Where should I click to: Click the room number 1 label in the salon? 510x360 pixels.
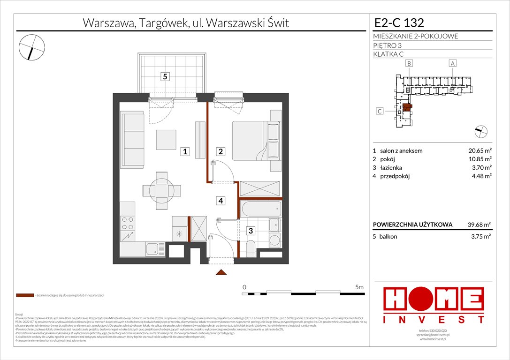coord(186,151)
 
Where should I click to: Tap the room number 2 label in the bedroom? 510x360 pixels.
coord(220,151)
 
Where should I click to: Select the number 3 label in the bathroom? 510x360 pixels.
coord(251,231)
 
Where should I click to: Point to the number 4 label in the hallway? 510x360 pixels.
coord(220,201)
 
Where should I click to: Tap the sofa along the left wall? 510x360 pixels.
coord(132,139)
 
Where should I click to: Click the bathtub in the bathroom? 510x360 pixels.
coord(260,208)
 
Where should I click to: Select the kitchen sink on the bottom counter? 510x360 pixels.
coord(154,249)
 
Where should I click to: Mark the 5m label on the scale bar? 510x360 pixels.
coord(359,286)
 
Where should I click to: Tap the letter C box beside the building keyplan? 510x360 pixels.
coord(381,111)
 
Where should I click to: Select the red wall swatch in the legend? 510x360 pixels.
coord(25,296)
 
